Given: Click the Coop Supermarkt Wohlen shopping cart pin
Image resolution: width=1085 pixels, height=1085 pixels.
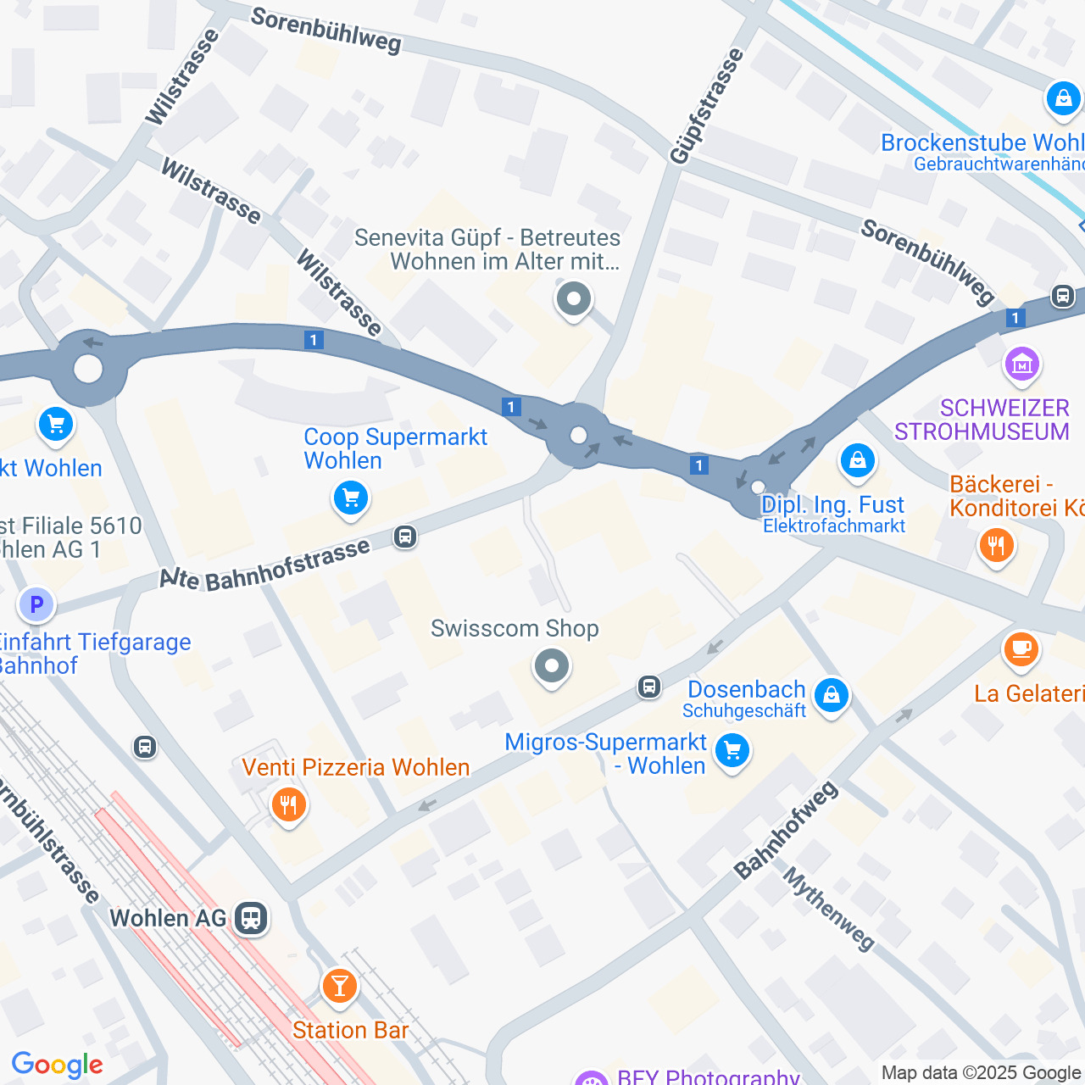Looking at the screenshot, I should [350, 498].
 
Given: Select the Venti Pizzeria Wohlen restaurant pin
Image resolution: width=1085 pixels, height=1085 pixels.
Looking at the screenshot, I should [289, 804].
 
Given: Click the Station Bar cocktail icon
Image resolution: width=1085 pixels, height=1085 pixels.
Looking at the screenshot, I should [339, 987].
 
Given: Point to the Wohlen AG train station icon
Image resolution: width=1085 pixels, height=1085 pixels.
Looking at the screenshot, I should [251, 918].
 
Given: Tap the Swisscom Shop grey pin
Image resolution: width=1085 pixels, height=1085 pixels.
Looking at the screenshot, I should [552, 666].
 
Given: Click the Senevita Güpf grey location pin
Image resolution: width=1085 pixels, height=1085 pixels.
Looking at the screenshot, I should [574, 299].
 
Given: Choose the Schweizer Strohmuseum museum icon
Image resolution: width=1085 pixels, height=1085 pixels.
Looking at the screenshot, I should [1021, 364].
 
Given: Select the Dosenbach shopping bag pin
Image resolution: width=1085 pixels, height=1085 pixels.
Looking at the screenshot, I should [831, 695].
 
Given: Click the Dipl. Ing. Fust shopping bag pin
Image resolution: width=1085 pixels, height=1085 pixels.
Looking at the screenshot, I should [857, 461].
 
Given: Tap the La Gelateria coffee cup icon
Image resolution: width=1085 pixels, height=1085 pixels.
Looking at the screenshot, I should [1021, 650].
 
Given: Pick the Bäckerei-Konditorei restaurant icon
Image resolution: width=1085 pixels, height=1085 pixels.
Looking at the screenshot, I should [996, 545].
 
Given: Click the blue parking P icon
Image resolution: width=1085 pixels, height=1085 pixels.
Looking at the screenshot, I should [36, 605].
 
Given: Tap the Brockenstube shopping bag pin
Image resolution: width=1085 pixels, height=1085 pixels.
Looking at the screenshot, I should [1063, 99].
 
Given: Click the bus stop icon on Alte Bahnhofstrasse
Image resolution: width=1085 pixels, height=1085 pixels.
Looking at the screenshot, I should [405, 537].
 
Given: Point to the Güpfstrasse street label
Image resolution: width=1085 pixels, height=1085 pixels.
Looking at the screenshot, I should [706, 107].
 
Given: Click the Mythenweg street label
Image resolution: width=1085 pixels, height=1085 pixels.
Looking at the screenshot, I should [828, 909].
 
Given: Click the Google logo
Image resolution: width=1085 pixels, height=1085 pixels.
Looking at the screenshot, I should [57, 1065].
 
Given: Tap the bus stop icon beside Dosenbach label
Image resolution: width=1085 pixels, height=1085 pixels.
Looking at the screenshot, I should [649, 687].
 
